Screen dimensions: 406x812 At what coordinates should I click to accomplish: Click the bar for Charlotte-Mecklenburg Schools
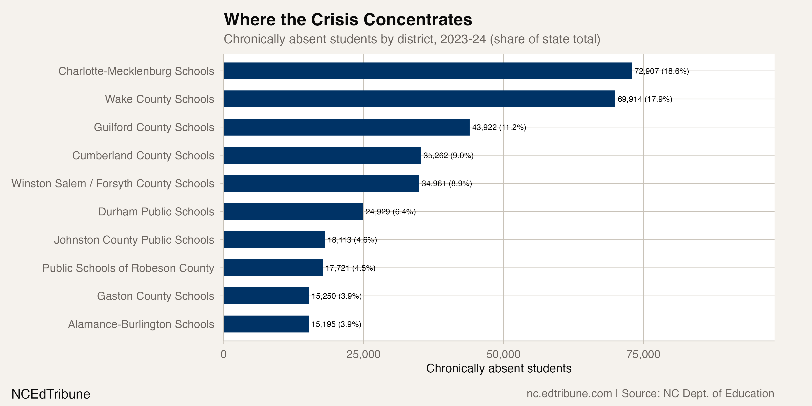427,71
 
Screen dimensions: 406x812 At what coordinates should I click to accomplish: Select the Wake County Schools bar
419,99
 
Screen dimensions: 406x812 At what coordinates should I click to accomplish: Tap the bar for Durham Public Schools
293,212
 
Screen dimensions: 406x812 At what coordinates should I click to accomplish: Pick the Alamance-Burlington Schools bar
266,324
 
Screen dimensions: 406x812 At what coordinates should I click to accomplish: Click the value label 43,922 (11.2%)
499,127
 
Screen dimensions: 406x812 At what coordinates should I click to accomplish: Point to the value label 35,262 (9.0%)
448,155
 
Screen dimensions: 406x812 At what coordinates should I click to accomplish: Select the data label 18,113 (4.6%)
352,240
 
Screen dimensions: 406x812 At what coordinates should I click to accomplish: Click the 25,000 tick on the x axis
363,354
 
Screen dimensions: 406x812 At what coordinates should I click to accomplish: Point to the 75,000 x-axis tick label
643,354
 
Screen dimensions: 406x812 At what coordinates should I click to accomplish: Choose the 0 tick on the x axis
224,354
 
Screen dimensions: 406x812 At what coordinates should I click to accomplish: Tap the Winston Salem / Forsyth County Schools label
113,183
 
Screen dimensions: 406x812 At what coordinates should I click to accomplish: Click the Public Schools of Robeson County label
128,268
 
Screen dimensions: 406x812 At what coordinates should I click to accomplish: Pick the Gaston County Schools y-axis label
155,296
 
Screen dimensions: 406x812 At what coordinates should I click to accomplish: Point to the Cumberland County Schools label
143,155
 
